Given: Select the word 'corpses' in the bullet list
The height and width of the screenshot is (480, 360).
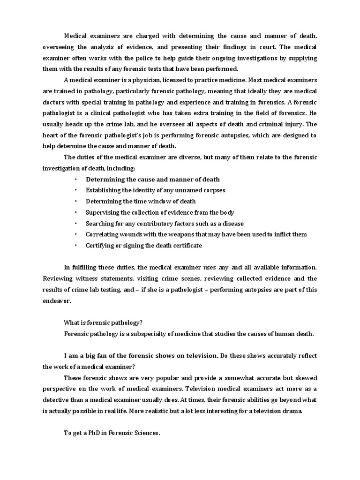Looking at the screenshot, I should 214,190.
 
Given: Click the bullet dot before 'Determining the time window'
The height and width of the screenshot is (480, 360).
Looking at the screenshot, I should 75,201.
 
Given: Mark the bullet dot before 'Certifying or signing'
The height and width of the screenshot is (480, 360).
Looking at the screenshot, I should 75,245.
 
